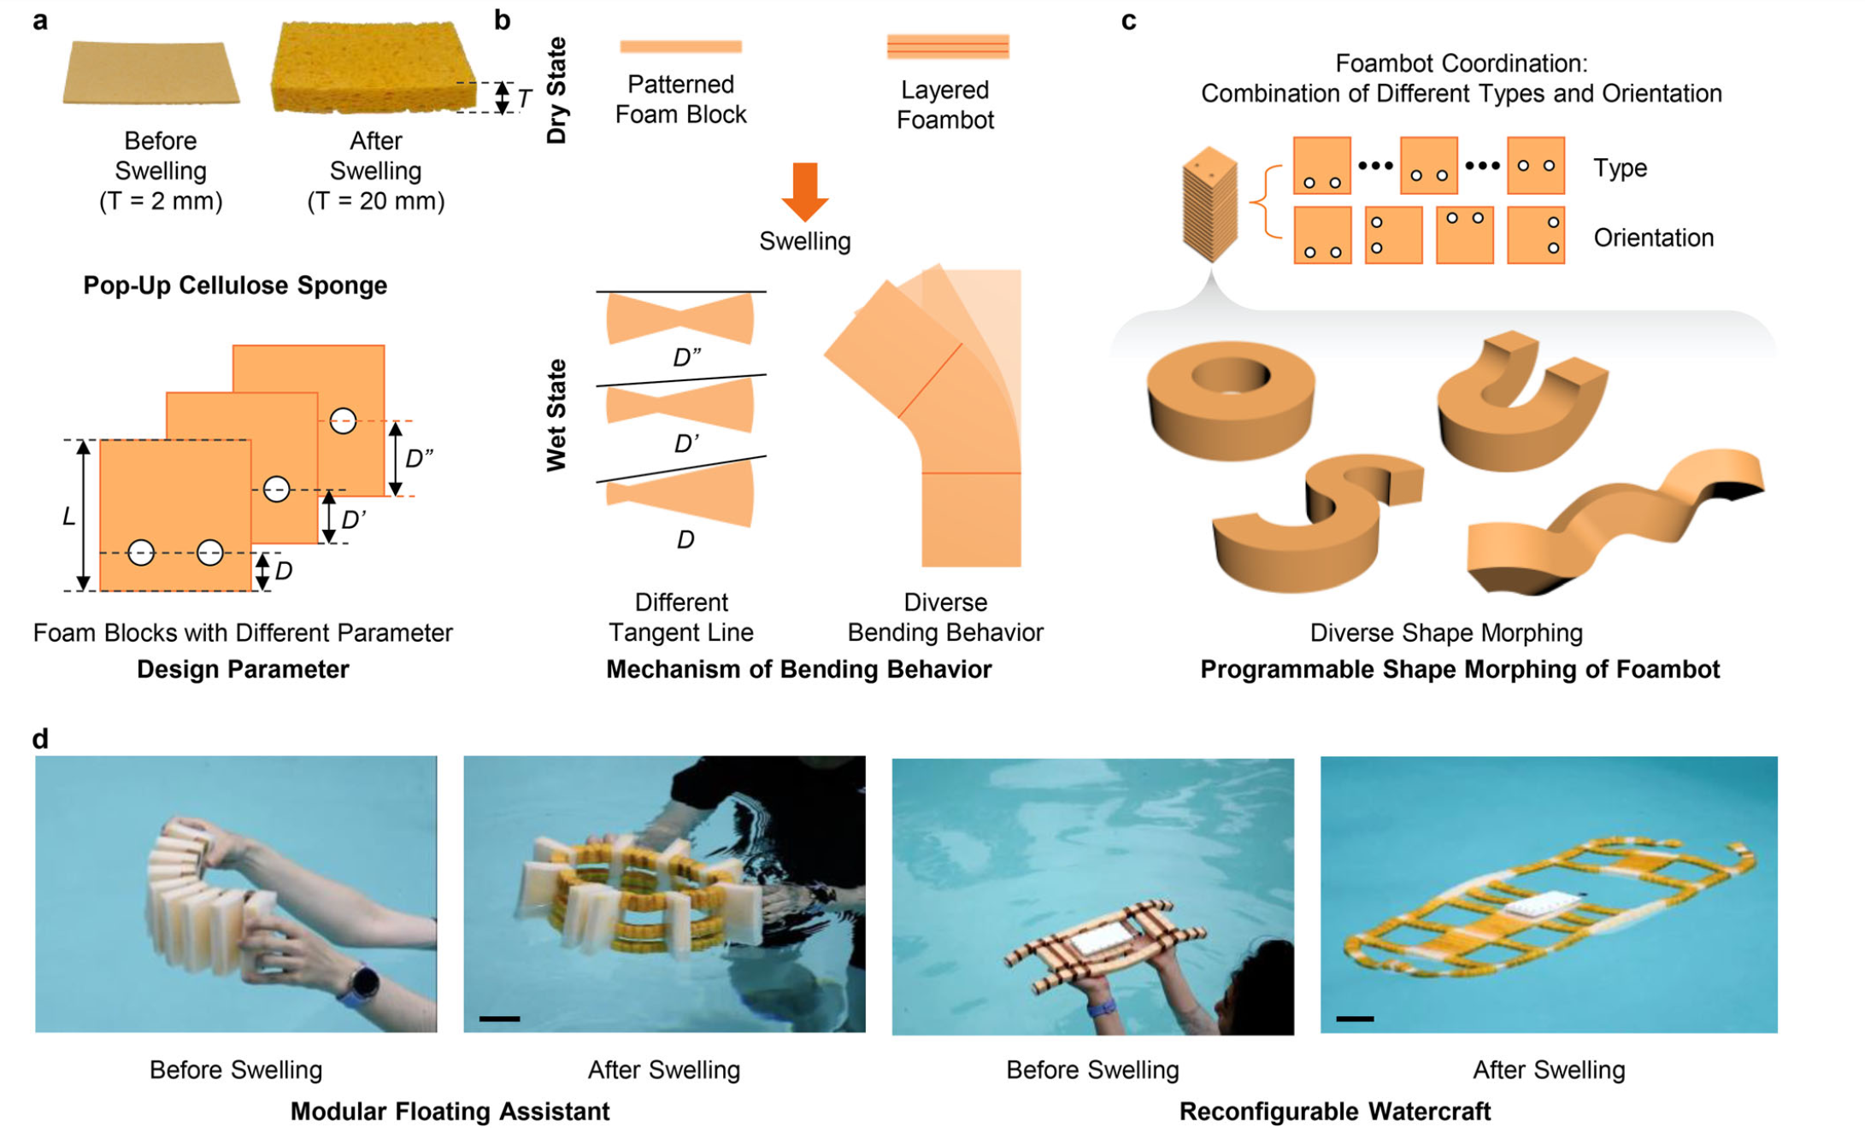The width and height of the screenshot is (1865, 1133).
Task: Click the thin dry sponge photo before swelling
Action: [x=150, y=73]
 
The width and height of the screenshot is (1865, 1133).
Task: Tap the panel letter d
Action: [x=40, y=738]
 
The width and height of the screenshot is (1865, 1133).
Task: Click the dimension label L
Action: [x=69, y=516]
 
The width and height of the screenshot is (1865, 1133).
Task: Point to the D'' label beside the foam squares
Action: [x=419, y=459]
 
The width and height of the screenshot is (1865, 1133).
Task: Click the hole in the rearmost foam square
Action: [x=343, y=420]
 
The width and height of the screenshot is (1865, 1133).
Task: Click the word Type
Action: [x=1619, y=167]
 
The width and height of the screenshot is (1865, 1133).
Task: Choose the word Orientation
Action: [x=1653, y=238]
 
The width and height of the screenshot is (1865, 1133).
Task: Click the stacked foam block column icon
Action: [x=1209, y=205]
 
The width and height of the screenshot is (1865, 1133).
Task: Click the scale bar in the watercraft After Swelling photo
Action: [x=1355, y=1019]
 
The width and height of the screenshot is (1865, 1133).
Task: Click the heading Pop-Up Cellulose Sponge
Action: [x=235, y=285]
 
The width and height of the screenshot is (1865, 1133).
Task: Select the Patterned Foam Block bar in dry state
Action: [x=680, y=46]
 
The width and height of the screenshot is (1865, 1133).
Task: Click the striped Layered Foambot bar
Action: [x=947, y=46]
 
